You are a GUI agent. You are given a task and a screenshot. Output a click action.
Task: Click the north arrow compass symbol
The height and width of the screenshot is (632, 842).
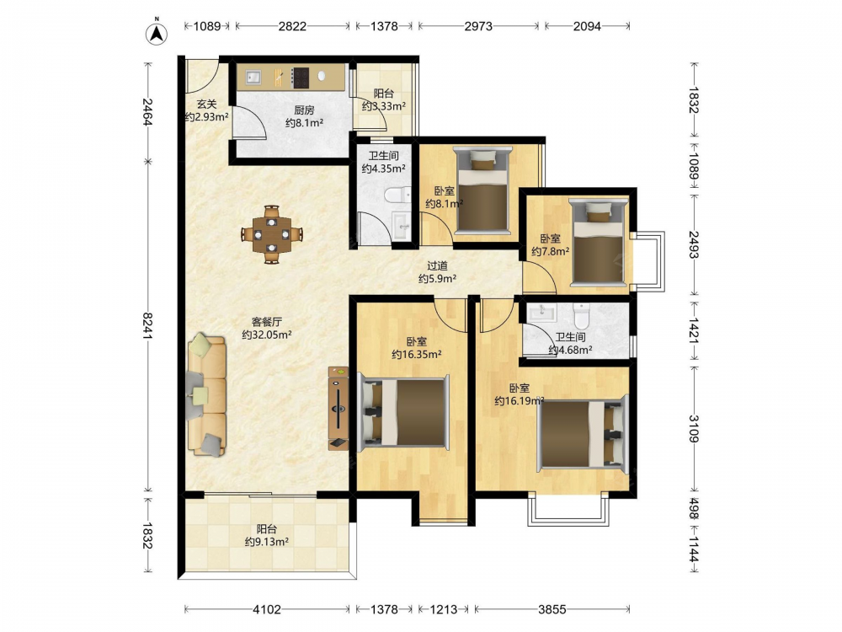point(157,32)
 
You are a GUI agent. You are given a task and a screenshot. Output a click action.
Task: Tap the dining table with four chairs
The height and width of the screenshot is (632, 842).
point(272,234)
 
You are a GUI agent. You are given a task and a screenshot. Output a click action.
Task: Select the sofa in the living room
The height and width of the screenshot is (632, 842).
point(207,394)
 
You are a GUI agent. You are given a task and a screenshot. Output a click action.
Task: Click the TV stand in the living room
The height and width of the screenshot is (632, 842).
point(338,408)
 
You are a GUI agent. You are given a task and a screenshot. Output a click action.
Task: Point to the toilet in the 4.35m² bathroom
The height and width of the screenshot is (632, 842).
point(398,195)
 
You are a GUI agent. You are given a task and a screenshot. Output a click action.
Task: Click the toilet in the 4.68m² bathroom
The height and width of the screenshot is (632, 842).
point(582,315)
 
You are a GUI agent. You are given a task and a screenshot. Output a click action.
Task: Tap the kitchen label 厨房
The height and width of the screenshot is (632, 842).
point(304,110)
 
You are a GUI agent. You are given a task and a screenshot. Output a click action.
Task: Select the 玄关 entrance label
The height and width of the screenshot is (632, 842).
point(207,104)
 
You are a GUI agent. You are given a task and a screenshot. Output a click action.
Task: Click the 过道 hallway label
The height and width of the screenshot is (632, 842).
point(437,265)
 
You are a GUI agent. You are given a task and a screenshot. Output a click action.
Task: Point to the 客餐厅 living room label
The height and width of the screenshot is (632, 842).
point(267,322)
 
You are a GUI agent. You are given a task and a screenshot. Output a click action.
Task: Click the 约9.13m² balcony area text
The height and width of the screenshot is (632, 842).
point(267,542)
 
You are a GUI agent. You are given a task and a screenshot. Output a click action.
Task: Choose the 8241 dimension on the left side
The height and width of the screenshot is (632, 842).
point(148,325)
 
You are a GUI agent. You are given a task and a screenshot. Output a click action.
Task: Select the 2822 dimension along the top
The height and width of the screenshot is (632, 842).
point(292,26)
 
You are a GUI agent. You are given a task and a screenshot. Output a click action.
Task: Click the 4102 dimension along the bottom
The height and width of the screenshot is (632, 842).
point(267,609)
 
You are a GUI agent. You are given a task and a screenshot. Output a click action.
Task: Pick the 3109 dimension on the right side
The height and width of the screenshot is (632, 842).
point(693,428)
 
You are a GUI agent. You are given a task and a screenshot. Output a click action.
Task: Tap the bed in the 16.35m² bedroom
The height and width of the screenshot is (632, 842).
point(402,413)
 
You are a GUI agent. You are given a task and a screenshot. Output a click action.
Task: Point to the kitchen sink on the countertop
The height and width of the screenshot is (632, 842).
point(253,78)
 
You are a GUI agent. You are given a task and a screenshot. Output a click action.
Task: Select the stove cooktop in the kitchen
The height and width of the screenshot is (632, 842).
point(301,78)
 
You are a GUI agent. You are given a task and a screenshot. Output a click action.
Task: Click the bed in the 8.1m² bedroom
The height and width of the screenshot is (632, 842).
point(481,191)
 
